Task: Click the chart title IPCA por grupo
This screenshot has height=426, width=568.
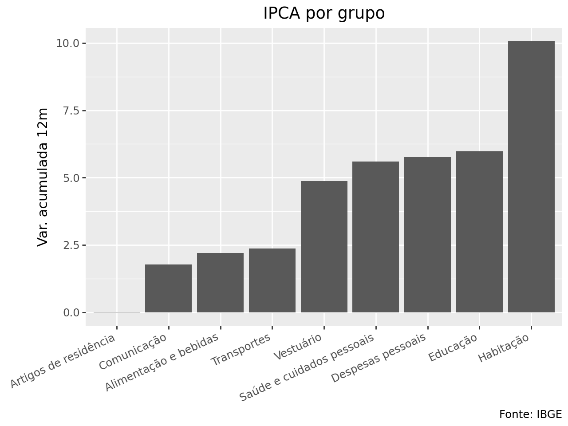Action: [x=324, y=13]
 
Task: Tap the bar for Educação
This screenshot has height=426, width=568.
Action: [x=479, y=232]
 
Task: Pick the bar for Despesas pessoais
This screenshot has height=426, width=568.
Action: [x=427, y=235]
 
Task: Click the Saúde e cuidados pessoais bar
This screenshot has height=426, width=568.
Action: [x=375, y=237]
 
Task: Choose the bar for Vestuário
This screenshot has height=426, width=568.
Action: [x=324, y=247]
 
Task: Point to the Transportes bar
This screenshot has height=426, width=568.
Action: [x=272, y=280]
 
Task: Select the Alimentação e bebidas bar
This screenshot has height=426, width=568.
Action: [x=220, y=283]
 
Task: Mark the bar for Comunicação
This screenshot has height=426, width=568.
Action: [x=169, y=288]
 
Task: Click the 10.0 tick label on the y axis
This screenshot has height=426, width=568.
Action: [x=67, y=43]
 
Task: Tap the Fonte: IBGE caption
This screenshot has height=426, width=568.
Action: [x=530, y=414]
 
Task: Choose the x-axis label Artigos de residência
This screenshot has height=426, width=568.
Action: [x=63, y=361]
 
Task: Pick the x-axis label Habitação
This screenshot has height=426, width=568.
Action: [x=504, y=348]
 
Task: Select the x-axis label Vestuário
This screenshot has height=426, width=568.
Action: [x=298, y=347]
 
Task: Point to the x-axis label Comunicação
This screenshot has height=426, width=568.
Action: [x=133, y=351]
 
